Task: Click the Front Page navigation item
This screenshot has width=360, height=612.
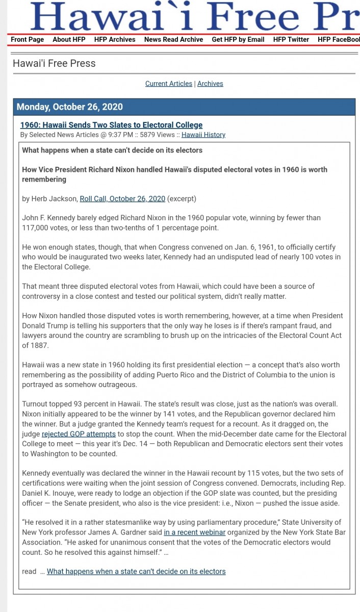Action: [x=27, y=39]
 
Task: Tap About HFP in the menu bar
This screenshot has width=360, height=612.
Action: [x=69, y=39]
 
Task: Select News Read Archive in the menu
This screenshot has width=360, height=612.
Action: [x=173, y=39]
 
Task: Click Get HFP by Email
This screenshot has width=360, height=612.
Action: [x=238, y=39]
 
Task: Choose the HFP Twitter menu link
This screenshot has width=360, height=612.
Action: [x=291, y=39]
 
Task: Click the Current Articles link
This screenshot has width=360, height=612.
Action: [x=169, y=84]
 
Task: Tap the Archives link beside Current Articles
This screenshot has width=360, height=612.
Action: [x=210, y=84]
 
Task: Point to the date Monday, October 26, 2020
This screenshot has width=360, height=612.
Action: [x=70, y=107]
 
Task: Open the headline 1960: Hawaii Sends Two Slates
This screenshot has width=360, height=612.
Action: [x=111, y=125]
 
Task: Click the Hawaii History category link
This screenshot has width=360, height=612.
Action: [x=203, y=135]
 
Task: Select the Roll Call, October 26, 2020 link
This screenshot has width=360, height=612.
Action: [x=122, y=199]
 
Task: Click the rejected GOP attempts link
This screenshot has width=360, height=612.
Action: [x=79, y=434]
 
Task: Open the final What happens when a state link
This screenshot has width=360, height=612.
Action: [x=136, y=571]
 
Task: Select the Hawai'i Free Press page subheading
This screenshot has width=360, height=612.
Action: [x=54, y=63]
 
